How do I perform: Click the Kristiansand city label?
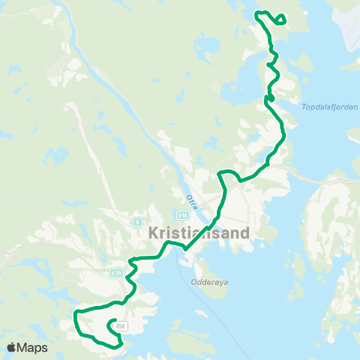(x=194, y=233)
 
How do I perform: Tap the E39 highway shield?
(x=116, y=273)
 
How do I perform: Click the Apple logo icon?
(x=13, y=347)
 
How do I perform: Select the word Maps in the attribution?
(x=33, y=347)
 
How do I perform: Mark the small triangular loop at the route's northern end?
(x=280, y=19)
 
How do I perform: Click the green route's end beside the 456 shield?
(x=112, y=323)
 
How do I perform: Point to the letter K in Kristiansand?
(x=144, y=233)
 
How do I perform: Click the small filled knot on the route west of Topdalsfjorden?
(x=270, y=97)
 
